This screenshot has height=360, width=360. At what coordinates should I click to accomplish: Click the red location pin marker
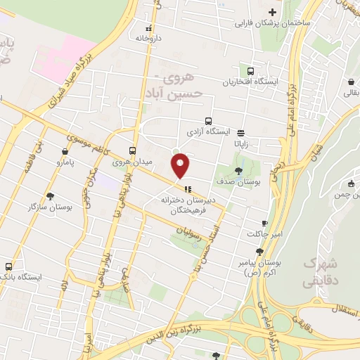point(181,165)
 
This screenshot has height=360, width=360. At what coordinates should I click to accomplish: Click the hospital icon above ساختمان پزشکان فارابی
point(272,13)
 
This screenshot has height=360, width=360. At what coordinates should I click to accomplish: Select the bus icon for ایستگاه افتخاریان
point(251,70)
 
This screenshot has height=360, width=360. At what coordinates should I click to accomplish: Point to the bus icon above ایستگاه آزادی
point(207,120)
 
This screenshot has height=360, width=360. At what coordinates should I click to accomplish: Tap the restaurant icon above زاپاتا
point(241,132)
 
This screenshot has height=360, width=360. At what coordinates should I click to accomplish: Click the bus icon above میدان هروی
point(133,150)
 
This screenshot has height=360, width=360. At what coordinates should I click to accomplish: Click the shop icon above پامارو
point(65,150)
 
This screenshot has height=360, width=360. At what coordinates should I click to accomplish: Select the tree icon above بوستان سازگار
point(50,196)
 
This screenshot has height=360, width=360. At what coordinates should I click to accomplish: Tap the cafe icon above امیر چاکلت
point(264,222)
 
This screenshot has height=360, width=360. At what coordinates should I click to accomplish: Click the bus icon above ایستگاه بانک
point(8,266)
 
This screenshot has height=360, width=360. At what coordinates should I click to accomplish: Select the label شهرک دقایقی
point(320,273)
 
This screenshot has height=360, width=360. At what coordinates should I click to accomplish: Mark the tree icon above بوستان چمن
point(350,184)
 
